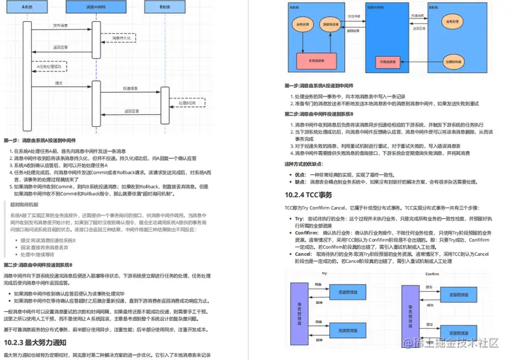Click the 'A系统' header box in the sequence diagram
28,6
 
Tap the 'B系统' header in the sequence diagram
165,6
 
